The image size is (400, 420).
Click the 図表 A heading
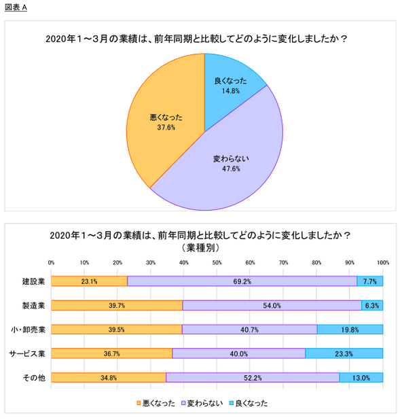[16, 7]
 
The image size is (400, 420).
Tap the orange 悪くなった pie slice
[166, 120]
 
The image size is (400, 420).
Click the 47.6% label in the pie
[231, 169]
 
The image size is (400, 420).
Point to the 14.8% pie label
[230, 91]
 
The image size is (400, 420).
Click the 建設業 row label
[33, 281]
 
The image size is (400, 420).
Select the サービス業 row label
[27, 353]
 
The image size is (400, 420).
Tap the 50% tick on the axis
[217, 262]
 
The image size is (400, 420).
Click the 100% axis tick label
[383, 262]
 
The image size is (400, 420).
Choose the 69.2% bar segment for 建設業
[242, 281]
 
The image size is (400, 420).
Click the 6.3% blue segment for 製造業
[372, 305]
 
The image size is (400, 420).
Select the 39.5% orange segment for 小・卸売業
[117, 330]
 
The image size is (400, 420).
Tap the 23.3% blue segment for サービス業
[344, 353]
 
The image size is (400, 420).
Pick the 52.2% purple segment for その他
[253, 378]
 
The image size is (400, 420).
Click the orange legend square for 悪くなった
[139, 403]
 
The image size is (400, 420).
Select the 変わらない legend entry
[202, 403]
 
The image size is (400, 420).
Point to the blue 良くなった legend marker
[232, 403]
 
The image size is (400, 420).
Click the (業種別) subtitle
[200, 248]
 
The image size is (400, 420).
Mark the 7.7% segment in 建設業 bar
[369, 281]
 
